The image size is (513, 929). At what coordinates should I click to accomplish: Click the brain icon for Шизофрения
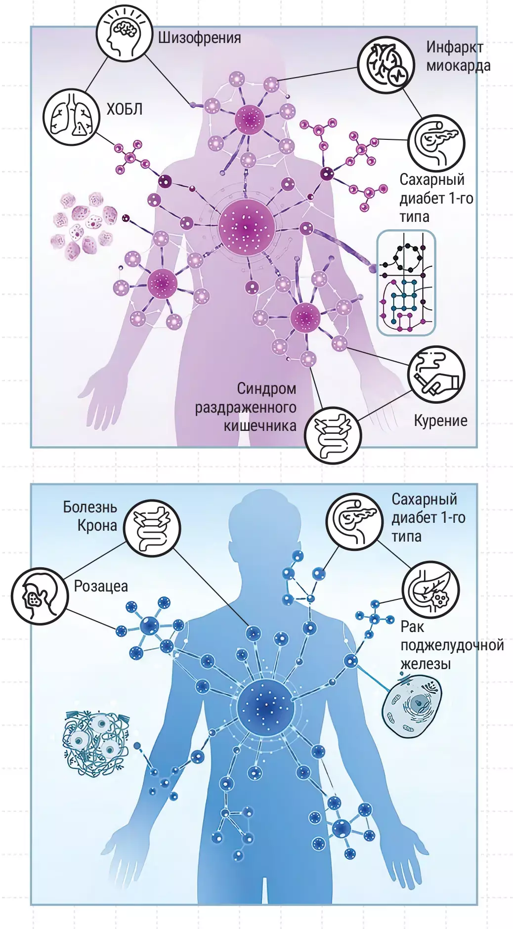click(x=124, y=34)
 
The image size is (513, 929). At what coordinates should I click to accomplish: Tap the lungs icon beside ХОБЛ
click(x=71, y=117)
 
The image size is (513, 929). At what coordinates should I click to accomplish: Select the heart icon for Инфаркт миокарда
click(x=386, y=65)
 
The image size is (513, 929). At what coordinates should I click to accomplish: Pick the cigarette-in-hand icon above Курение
click(x=436, y=374)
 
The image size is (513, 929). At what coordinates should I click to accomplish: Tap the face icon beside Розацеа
click(x=40, y=596)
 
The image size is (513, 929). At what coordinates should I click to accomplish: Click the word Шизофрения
click(x=199, y=38)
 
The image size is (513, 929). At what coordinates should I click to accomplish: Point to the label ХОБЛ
click(x=125, y=109)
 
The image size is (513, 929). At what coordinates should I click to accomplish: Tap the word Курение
click(x=440, y=421)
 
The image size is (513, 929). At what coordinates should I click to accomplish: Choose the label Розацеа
click(x=101, y=587)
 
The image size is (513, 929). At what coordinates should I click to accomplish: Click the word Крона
click(x=97, y=525)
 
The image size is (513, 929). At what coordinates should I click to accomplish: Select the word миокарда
click(x=458, y=66)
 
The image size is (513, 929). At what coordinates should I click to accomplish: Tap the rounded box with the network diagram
click(x=406, y=283)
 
